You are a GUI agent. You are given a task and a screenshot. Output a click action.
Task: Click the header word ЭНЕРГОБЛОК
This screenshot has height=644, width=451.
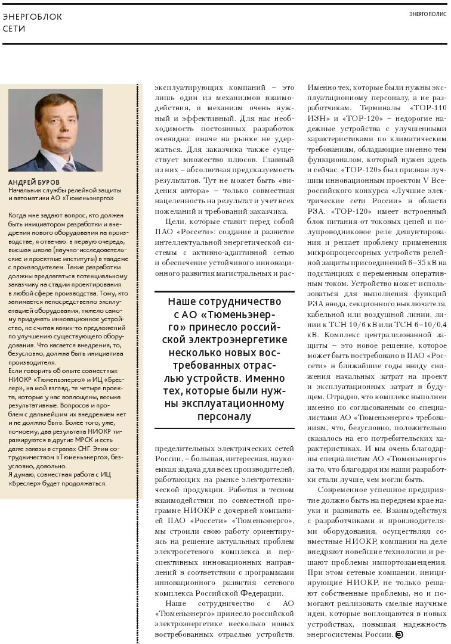32,17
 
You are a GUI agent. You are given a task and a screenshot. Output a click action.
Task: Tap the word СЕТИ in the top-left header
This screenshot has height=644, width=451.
14,29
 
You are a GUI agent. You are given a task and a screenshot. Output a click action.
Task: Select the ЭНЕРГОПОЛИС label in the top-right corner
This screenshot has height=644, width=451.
428,14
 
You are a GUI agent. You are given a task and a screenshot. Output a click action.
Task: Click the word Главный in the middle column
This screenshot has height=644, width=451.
278,160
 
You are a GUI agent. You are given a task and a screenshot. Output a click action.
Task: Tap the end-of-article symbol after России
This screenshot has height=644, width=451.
399,634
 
